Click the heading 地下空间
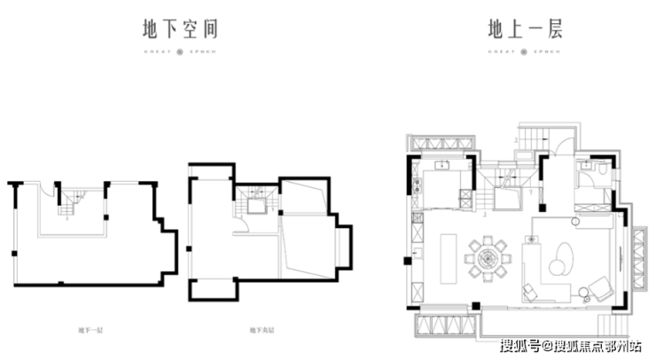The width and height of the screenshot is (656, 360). click(x=180, y=29)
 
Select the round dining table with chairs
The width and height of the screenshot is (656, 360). click(x=488, y=258)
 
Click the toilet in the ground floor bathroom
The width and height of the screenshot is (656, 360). click(x=600, y=168)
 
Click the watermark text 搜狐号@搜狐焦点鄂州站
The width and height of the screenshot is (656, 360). click(x=574, y=345)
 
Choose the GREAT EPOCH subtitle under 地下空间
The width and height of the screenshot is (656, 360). click(x=180, y=51)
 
